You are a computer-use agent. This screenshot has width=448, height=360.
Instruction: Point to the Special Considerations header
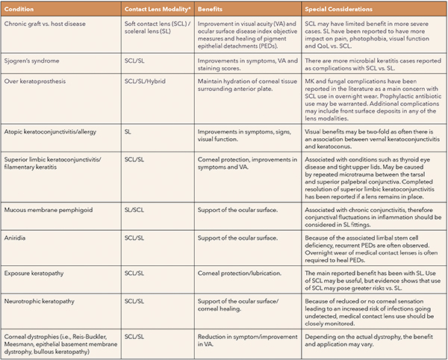point(338,9)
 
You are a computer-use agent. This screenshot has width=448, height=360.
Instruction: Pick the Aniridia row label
point(18,236)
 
